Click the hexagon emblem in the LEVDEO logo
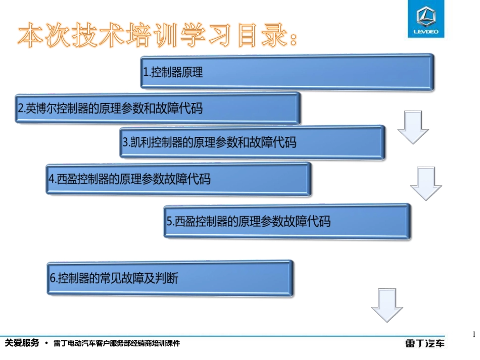point(426,16)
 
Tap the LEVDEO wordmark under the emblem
point(426,32)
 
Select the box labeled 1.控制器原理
point(286,72)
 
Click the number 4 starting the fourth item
point(51,179)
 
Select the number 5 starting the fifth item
point(169,221)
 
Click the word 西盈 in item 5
point(184,221)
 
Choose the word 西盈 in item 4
point(65,179)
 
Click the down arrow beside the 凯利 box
point(413,128)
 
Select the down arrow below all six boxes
point(387,305)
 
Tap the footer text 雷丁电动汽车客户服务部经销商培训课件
point(116,344)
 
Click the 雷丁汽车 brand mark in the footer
point(425,344)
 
